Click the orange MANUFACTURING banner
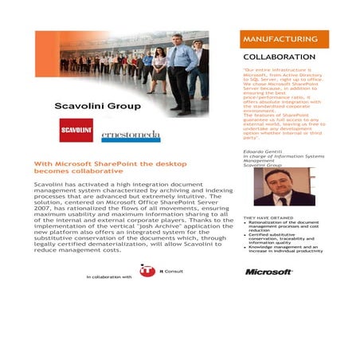click(x=284, y=39)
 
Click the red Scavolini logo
click(x=76, y=130)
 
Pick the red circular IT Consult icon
click(x=147, y=271)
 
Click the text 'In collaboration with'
click(x=109, y=276)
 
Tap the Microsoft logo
click(x=268, y=272)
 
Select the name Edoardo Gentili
click(x=260, y=151)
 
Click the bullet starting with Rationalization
click(x=287, y=226)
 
